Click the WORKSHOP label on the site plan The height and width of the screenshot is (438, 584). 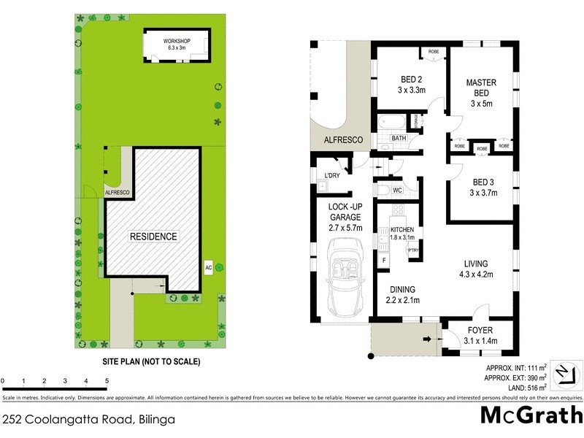click(177, 40)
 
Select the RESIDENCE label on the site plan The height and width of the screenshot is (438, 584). click(153, 237)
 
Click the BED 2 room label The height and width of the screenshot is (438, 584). click(412, 80)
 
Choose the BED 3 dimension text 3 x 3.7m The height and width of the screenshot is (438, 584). click(483, 193)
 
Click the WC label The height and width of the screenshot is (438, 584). click(397, 191)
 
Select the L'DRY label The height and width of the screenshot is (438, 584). click(332, 176)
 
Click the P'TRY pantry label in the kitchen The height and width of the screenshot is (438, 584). click(413, 250)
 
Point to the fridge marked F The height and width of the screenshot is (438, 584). click(384, 260)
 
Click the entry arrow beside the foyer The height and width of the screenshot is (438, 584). click(427, 338)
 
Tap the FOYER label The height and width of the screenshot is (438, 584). click(480, 331)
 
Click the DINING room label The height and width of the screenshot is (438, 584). click(401, 288)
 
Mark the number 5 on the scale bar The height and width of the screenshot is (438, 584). click(107, 381)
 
